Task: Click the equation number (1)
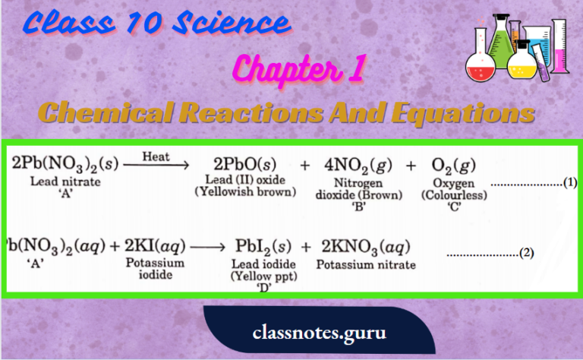tap(571, 183)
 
